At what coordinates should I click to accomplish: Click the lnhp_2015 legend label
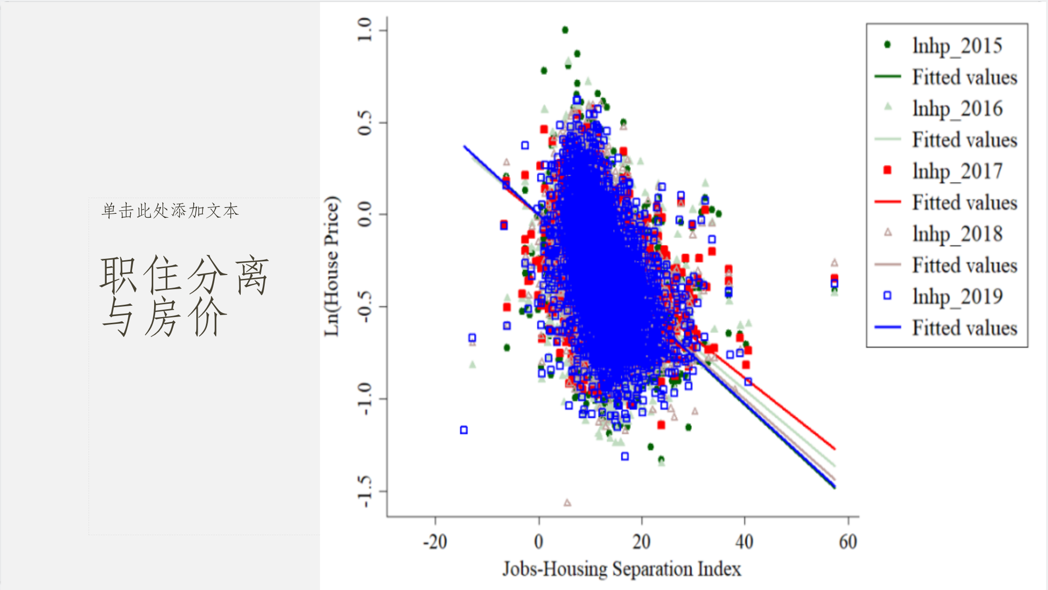click(x=957, y=46)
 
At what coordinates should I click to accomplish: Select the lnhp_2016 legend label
click(x=957, y=109)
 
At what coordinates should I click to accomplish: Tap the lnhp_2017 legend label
click(x=957, y=171)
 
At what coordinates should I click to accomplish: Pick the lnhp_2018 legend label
click(x=957, y=234)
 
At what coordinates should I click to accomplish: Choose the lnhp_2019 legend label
click(x=957, y=296)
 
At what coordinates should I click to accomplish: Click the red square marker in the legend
click(x=888, y=170)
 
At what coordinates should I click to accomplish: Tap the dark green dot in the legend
click(x=888, y=45)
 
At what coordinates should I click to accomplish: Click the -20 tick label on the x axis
click(x=435, y=542)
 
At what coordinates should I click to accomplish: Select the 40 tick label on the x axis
click(x=744, y=542)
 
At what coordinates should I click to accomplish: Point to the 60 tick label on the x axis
click(x=848, y=542)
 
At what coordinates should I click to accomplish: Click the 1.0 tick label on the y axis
click(x=365, y=30)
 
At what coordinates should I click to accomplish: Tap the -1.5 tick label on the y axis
click(x=365, y=491)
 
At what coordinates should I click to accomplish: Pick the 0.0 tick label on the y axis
click(x=365, y=214)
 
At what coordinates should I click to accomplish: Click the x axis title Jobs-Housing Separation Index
click(x=622, y=569)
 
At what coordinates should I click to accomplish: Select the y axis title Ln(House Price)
click(x=332, y=266)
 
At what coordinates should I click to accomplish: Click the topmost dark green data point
click(x=565, y=30)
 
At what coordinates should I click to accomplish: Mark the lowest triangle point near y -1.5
click(x=568, y=502)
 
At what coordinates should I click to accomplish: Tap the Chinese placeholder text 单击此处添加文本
click(x=170, y=211)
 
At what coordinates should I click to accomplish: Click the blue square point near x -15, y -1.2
click(x=464, y=430)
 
